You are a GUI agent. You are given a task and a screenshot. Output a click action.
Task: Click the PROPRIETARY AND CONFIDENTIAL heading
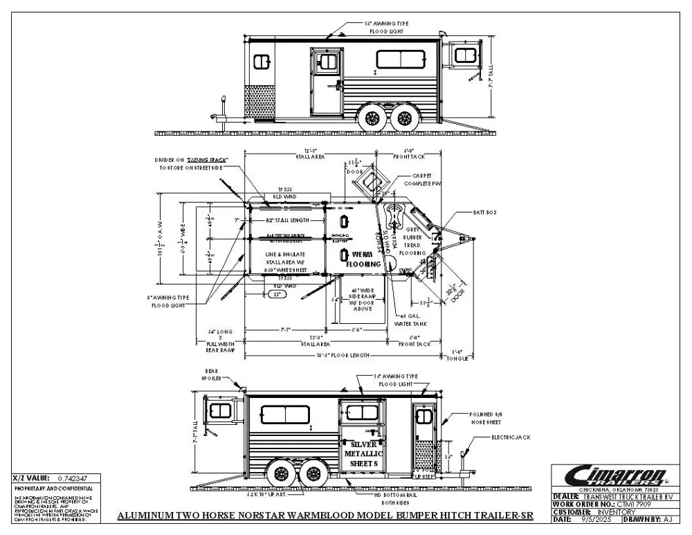point(50,488)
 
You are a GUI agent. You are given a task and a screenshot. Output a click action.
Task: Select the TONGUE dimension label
point(457,355)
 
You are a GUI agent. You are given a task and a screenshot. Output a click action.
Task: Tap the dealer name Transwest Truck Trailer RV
point(625,496)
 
